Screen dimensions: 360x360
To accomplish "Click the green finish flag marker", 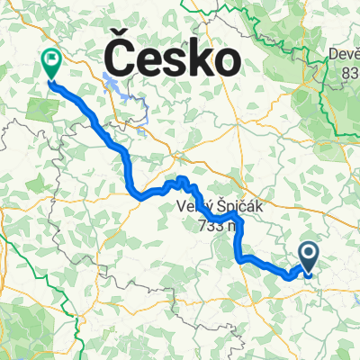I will pyautogui.click(x=50, y=64).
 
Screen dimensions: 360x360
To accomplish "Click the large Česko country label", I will pyautogui.click(x=174, y=60).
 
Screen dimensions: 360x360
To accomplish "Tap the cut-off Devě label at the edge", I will pyautogui.click(x=342, y=56).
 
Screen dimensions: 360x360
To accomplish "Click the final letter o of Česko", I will pyautogui.click(x=229, y=63).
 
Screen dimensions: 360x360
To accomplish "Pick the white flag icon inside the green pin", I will pyautogui.click(x=51, y=61).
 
